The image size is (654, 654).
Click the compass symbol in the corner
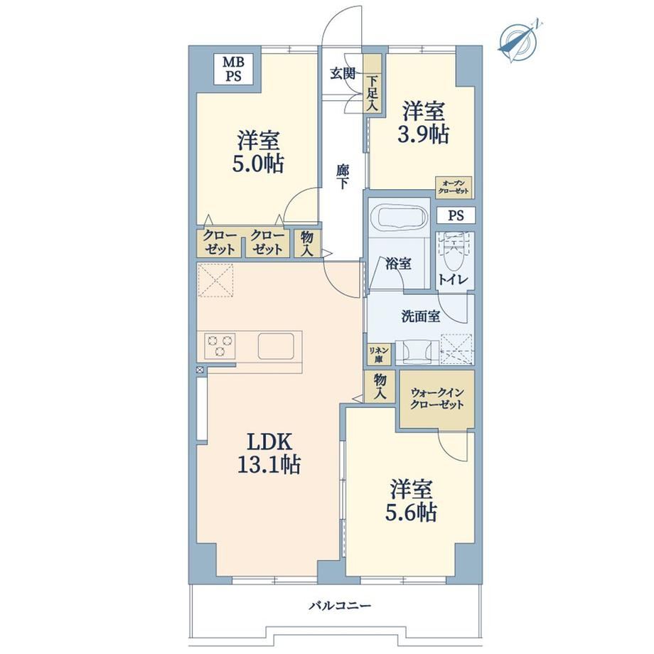[x=518, y=42]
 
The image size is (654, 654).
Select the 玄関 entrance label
[x=343, y=73]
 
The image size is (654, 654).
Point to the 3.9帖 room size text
[x=424, y=135]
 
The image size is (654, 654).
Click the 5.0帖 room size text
[x=258, y=163]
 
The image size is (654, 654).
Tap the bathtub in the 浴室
[x=402, y=216]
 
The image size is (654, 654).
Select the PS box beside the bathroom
[x=456, y=215]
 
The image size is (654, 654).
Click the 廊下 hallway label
[x=343, y=177]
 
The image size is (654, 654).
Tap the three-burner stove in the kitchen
[x=220, y=345]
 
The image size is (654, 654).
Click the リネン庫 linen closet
[x=379, y=354]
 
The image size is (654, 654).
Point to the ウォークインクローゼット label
[x=437, y=398]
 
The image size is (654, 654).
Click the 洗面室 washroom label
[x=420, y=316]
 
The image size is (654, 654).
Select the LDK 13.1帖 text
[x=269, y=454]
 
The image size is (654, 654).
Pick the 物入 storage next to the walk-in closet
[x=379, y=386]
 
